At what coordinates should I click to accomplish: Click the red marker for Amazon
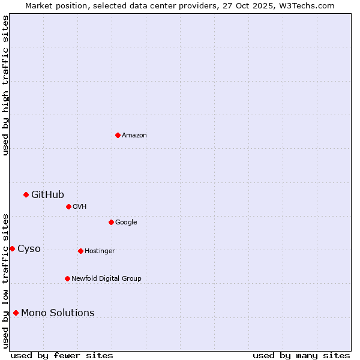click(x=118, y=135)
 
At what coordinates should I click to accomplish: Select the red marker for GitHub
click(x=26, y=194)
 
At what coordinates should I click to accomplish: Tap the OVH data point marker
click(x=68, y=206)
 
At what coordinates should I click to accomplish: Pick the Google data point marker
click(x=111, y=222)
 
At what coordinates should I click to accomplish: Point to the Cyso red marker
click(x=12, y=248)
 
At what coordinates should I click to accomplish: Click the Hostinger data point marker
click(x=80, y=251)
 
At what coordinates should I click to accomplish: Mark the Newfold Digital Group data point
click(x=67, y=278)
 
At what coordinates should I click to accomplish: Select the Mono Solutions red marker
click(x=16, y=313)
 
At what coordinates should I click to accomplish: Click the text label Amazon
click(x=134, y=136)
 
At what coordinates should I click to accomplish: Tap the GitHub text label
click(x=47, y=194)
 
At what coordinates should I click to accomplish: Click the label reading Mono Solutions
click(x=58, y=313)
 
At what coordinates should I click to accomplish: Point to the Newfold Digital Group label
click(x=106, y=278)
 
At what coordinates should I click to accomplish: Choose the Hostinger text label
click(x=100, y=251)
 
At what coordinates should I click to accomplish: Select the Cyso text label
click(x=29, y=248)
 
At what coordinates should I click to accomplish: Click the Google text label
click(x=126, y=222)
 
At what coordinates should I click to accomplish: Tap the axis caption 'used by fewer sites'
click(x=62, y=355)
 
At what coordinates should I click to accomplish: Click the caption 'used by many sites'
click(x=301, y=355)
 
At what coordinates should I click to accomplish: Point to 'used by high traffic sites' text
click(x=5, y=85)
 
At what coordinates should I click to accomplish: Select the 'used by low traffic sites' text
click(x=5, y=280)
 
